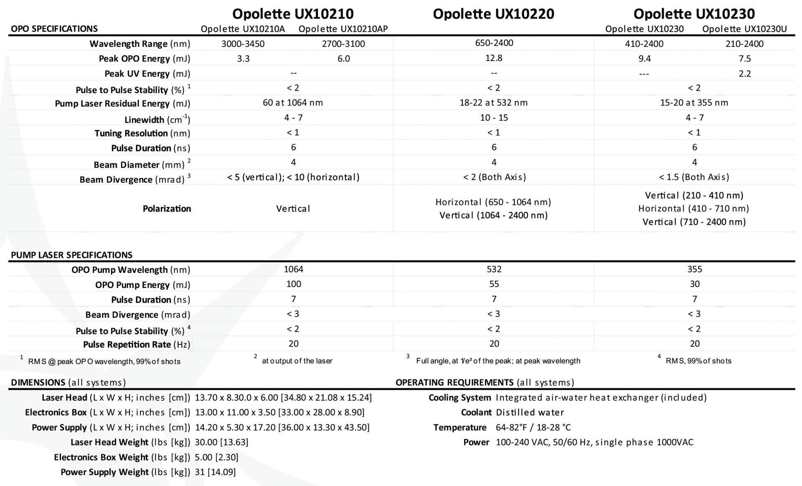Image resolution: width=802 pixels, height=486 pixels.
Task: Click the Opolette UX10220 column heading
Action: pos(493,14)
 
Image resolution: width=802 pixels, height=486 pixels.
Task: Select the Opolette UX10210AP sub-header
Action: pos(343,29)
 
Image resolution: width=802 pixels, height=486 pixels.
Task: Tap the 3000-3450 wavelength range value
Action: pos(243,44)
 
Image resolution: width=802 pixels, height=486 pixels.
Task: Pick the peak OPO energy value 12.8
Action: pos(494,58)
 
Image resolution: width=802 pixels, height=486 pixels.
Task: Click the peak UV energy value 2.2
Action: pos(744,74)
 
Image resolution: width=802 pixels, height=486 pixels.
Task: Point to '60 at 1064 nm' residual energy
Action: pos(293,103)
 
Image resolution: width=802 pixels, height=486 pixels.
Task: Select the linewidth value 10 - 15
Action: pos(494,118)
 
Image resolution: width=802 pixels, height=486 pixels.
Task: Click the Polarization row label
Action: pos(167,209)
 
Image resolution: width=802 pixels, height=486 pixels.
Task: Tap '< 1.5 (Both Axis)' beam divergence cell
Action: pos(694,177)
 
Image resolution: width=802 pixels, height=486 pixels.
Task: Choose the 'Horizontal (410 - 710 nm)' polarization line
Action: pos(693,209)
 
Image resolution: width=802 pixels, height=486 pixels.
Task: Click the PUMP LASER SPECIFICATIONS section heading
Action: pos(71,255)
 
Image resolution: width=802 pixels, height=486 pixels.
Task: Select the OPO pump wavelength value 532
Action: pos(494,270)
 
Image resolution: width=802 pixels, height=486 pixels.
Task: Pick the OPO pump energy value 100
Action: pos(293,284)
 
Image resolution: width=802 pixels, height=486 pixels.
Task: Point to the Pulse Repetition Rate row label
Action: pos(136,345)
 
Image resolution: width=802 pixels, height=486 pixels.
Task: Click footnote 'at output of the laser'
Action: pos(297,361)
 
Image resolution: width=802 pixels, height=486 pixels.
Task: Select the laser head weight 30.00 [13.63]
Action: pos(221,442)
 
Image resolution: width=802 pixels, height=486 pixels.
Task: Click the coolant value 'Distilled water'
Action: pos(530,412)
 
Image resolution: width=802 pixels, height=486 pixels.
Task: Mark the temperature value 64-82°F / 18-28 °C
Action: pos(533,427)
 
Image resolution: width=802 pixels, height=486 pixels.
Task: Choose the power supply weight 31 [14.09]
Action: pos(215,472)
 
